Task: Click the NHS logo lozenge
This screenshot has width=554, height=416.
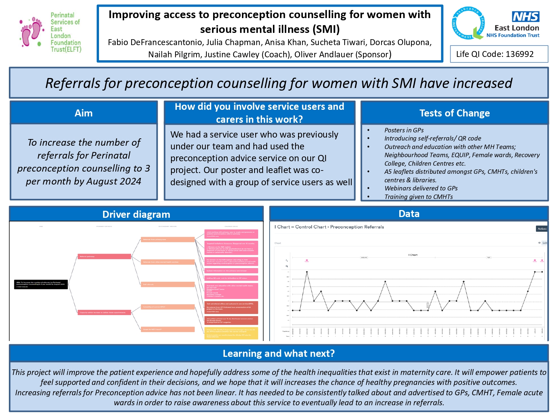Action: point(526,17)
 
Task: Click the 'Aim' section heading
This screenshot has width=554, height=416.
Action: point(83,113)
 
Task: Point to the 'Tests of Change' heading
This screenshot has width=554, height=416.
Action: point(454,113)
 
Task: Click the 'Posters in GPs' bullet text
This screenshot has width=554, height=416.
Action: point(404,130)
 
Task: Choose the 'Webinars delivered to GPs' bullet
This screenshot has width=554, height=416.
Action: point(421,188)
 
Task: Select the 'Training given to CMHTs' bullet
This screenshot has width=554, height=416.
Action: point(418,197)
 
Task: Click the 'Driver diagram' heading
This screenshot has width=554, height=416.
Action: point(136,214)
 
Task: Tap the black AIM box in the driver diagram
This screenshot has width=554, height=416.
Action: point(41,284)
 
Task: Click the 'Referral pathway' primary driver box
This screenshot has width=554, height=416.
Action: point(104,256)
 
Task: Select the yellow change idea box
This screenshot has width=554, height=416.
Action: point(231,333)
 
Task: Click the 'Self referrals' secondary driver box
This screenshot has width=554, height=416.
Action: point(168,284)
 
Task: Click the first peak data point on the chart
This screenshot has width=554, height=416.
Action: point(307,272)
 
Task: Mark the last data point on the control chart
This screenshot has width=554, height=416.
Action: point(542,272)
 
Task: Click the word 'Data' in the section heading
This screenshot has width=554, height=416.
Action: point(409,214)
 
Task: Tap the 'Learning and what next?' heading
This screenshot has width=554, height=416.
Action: point(278,354)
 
